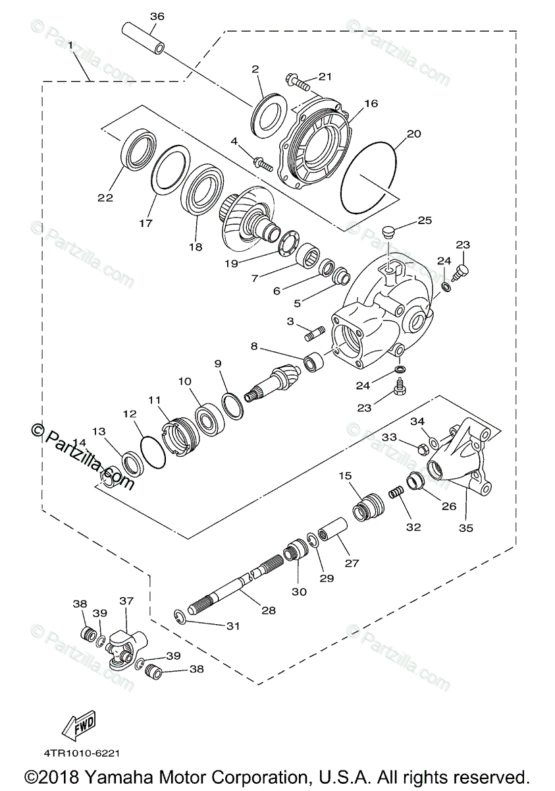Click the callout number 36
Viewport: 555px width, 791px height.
[156, 15]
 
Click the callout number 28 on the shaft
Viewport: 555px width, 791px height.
[268, 610]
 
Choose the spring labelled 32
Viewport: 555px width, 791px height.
[395, 492]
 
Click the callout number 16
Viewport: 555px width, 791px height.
[371, 103]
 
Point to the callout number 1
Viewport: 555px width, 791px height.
[70, 44]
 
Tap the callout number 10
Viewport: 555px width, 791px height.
[184, 381]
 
